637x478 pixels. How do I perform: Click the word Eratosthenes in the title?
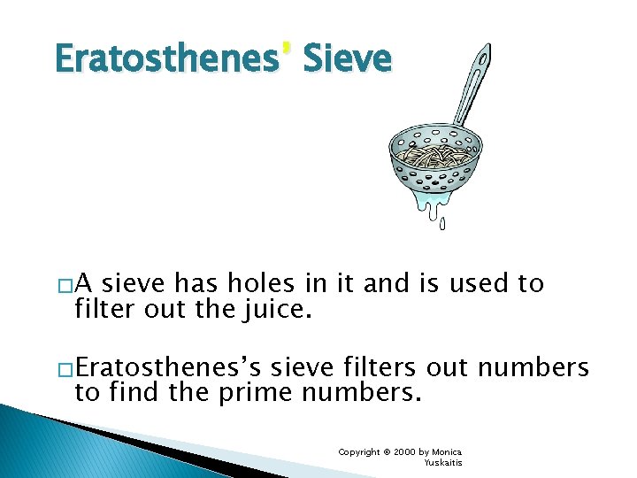[x=165, y=59]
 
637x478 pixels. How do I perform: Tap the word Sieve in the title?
[x=347, y=59]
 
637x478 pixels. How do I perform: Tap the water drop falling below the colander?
[x=442, y=222]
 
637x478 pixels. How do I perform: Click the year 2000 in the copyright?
[x=406, y=452]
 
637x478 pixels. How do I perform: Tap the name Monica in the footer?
[x=448, y=452]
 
